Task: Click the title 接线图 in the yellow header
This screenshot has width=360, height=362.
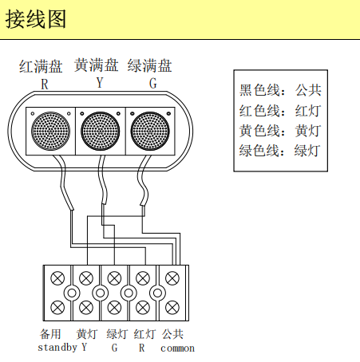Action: [36, 19]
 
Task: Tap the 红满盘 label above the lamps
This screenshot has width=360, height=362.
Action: [41, 66]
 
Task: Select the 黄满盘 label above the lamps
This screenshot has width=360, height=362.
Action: [97, 65]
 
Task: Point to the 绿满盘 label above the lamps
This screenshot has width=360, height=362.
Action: [150, 65]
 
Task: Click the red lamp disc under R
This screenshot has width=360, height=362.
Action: [50, 131]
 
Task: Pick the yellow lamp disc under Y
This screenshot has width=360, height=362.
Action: [101, 131]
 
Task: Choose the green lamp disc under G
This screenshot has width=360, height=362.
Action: [150, 131]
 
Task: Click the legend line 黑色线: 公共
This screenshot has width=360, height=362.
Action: [280, 90]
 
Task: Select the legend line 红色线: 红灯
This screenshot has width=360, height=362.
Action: [280, 111]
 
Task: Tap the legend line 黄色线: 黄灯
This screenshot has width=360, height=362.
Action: [280, 131]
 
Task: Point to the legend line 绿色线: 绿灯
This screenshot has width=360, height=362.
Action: [280, 151]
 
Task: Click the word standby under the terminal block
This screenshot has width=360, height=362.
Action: [57, 348]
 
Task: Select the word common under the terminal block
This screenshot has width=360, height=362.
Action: [177, 348]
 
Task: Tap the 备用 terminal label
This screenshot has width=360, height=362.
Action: [50, 334]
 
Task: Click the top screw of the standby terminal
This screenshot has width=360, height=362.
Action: [57, 278]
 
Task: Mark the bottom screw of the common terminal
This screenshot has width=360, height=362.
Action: [172, 308]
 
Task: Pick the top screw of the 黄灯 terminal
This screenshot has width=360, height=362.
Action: [86, 278]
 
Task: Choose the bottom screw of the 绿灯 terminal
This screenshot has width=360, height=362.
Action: [114, 308]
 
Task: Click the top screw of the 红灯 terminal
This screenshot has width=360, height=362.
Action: [143, 278]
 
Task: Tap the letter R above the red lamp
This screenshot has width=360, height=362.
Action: [45, 84]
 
